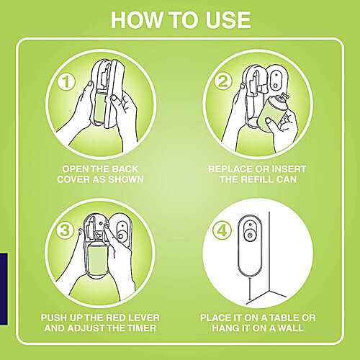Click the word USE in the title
[x=228, y=20]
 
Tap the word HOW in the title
[x=136, y=20]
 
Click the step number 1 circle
[x=66, y=81]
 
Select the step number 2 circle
[x=223, y=81]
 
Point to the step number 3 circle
[x=65, y=230]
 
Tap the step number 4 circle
[x=222, y=230]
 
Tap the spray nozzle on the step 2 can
[x=284, y=96]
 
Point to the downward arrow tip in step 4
[x=250, y=300]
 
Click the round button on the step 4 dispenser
[x=250, y=235]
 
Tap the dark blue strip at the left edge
[x=4, y=289]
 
